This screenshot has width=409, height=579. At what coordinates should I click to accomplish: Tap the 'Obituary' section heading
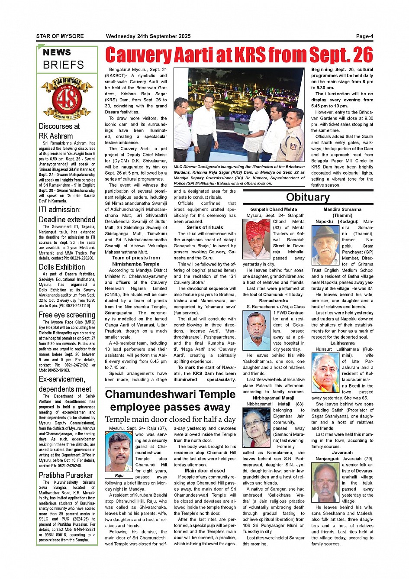click(x=308, y=197)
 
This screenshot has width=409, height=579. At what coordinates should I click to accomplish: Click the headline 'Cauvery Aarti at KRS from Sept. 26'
click(x=239, y=55)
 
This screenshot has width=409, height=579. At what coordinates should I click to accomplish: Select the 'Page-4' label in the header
click(x=364, y=36)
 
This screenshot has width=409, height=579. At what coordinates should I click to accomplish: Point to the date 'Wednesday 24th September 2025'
click(x=148, y=36)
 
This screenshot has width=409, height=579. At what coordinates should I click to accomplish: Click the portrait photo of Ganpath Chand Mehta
click(x=256, y=239)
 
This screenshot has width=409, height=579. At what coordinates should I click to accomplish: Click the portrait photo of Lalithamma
click(x=325, y=372)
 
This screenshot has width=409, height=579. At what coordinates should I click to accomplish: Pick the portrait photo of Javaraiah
click(x=325, y=483)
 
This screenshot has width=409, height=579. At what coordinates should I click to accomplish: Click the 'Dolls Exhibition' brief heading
click(x=62, y=267)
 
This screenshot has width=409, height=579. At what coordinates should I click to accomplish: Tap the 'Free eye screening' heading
click(x=67, y=315)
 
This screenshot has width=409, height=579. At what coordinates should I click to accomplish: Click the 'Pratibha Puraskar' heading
click(x=66, y=475)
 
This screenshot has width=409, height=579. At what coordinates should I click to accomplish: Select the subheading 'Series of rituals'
click(x=205, y=227)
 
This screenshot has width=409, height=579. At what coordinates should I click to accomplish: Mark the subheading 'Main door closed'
click(x=205, y=471)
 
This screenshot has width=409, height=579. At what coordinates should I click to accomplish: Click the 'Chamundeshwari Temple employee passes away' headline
click(x=170, y=401)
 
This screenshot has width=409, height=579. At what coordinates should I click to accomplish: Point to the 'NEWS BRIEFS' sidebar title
click(x=63, y=59)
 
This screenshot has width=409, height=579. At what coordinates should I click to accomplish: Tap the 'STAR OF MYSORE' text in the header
click(x=60, y=36)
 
